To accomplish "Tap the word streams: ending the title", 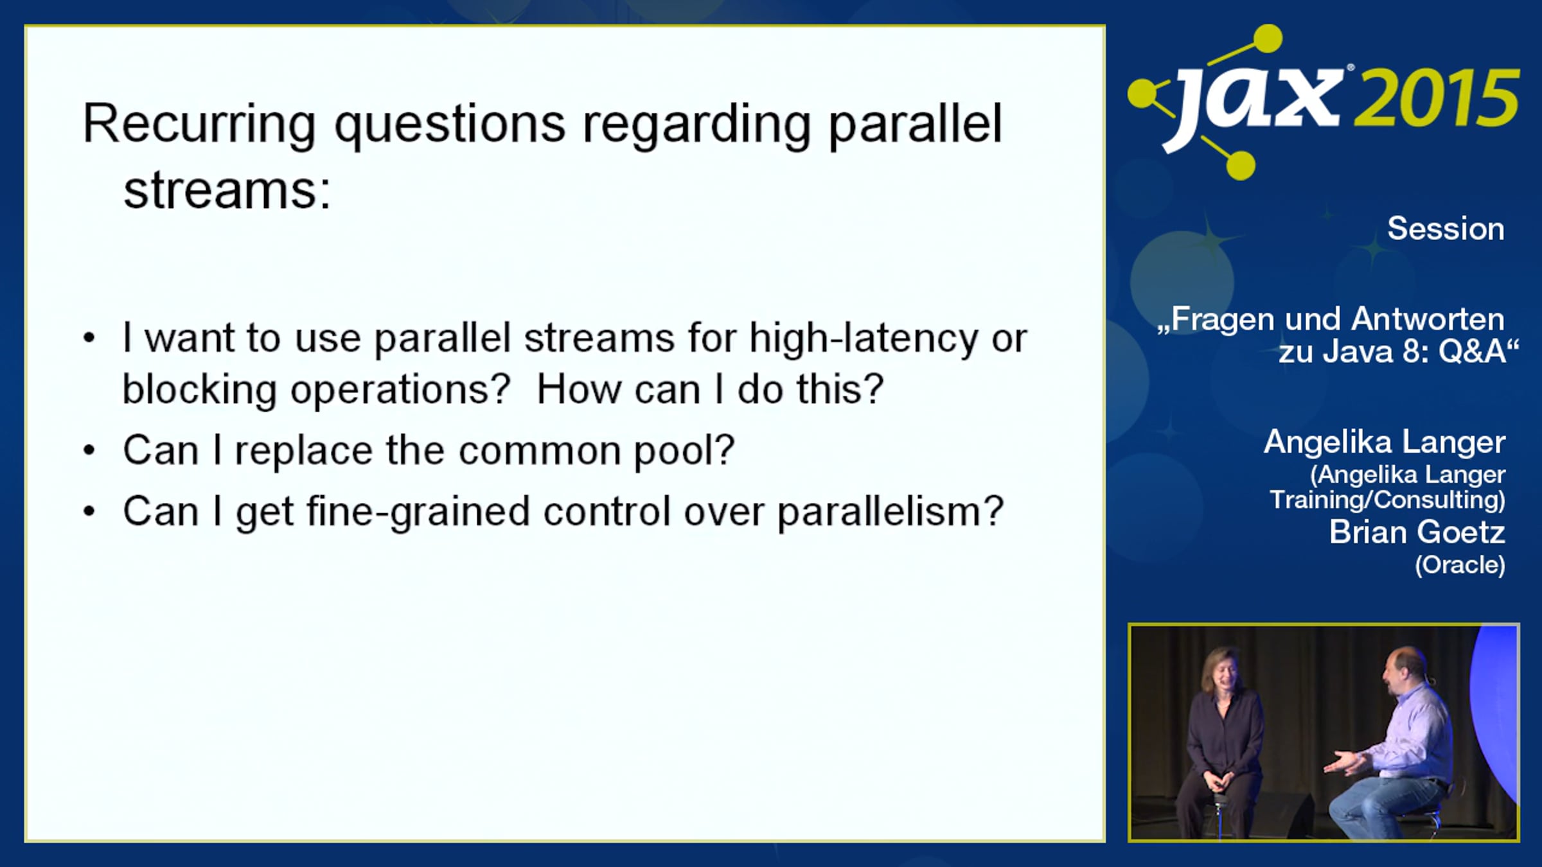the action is pos(227,191).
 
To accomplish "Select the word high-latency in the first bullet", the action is pos(864,338).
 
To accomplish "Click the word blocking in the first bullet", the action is pos(199,389).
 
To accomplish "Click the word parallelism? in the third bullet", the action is pos(891,512).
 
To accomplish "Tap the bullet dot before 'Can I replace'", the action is pos(89,450).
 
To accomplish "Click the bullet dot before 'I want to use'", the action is pos(89,338).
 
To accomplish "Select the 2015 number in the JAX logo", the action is pos(1437,98).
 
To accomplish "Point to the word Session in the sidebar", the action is pos(1446,229).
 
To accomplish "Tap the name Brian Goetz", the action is pos(1417,532).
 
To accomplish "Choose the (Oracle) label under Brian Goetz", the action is pos(1460,565).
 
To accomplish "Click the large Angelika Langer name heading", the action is pos(1385,442).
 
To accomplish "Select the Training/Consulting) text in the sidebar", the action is pos(1388,500).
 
